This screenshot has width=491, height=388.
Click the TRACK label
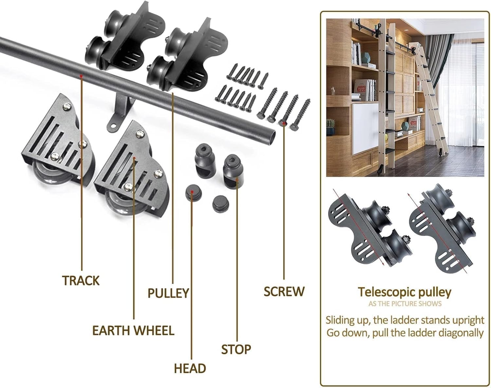[x=81, y=281]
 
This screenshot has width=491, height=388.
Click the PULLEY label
[x=168, y=293]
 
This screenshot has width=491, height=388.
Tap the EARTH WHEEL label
[x=133, y=331]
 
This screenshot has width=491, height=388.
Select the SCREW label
[x=284, y=291]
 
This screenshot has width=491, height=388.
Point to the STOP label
[x=236, y=349]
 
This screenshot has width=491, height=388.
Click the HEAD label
[x=190, y=368]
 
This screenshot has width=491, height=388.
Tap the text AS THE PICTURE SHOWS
[x=405, y=304]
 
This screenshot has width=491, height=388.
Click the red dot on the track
[x=81, y=76]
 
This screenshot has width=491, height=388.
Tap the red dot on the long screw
[x=284, y=123]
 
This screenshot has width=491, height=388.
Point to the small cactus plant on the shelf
[x=331, y=124]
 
